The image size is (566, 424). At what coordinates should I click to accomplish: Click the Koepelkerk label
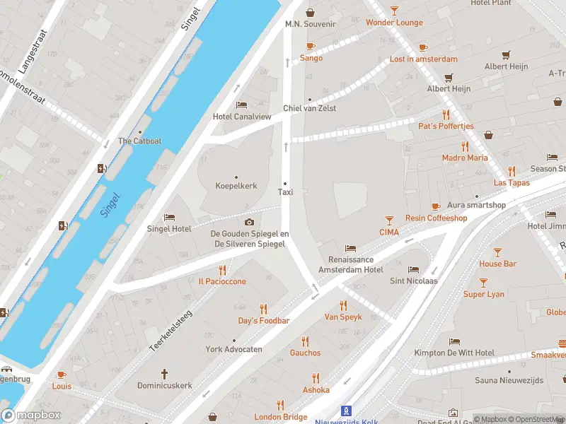[236, 186]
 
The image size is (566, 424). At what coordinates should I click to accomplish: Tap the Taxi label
[285, 192]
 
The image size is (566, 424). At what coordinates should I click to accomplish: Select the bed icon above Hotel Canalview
[242, 105]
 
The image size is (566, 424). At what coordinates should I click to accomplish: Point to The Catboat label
[139, 141]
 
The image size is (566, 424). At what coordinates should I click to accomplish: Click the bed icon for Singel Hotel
[169, 217]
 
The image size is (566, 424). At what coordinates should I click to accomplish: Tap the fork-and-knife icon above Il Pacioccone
[222, 269]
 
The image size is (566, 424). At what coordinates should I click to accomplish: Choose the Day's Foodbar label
[263, 321]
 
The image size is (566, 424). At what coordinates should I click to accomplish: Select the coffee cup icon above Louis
[61, 375]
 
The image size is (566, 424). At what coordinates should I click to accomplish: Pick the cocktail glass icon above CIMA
[388, 220]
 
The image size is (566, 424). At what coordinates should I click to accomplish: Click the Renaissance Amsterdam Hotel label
[350, 265]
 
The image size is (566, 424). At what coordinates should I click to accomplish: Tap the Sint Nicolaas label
[413, 281]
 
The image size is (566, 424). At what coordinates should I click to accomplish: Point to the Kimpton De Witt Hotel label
[454, 353]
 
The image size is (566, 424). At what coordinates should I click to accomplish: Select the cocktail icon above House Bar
[497, 252]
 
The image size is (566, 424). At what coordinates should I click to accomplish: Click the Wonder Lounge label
[394, 23]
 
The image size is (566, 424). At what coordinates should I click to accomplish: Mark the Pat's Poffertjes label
[446, 126]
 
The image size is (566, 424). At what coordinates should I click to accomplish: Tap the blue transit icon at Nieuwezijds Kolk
[346, 410]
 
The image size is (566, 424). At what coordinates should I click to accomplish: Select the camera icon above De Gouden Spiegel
[249, 222]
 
